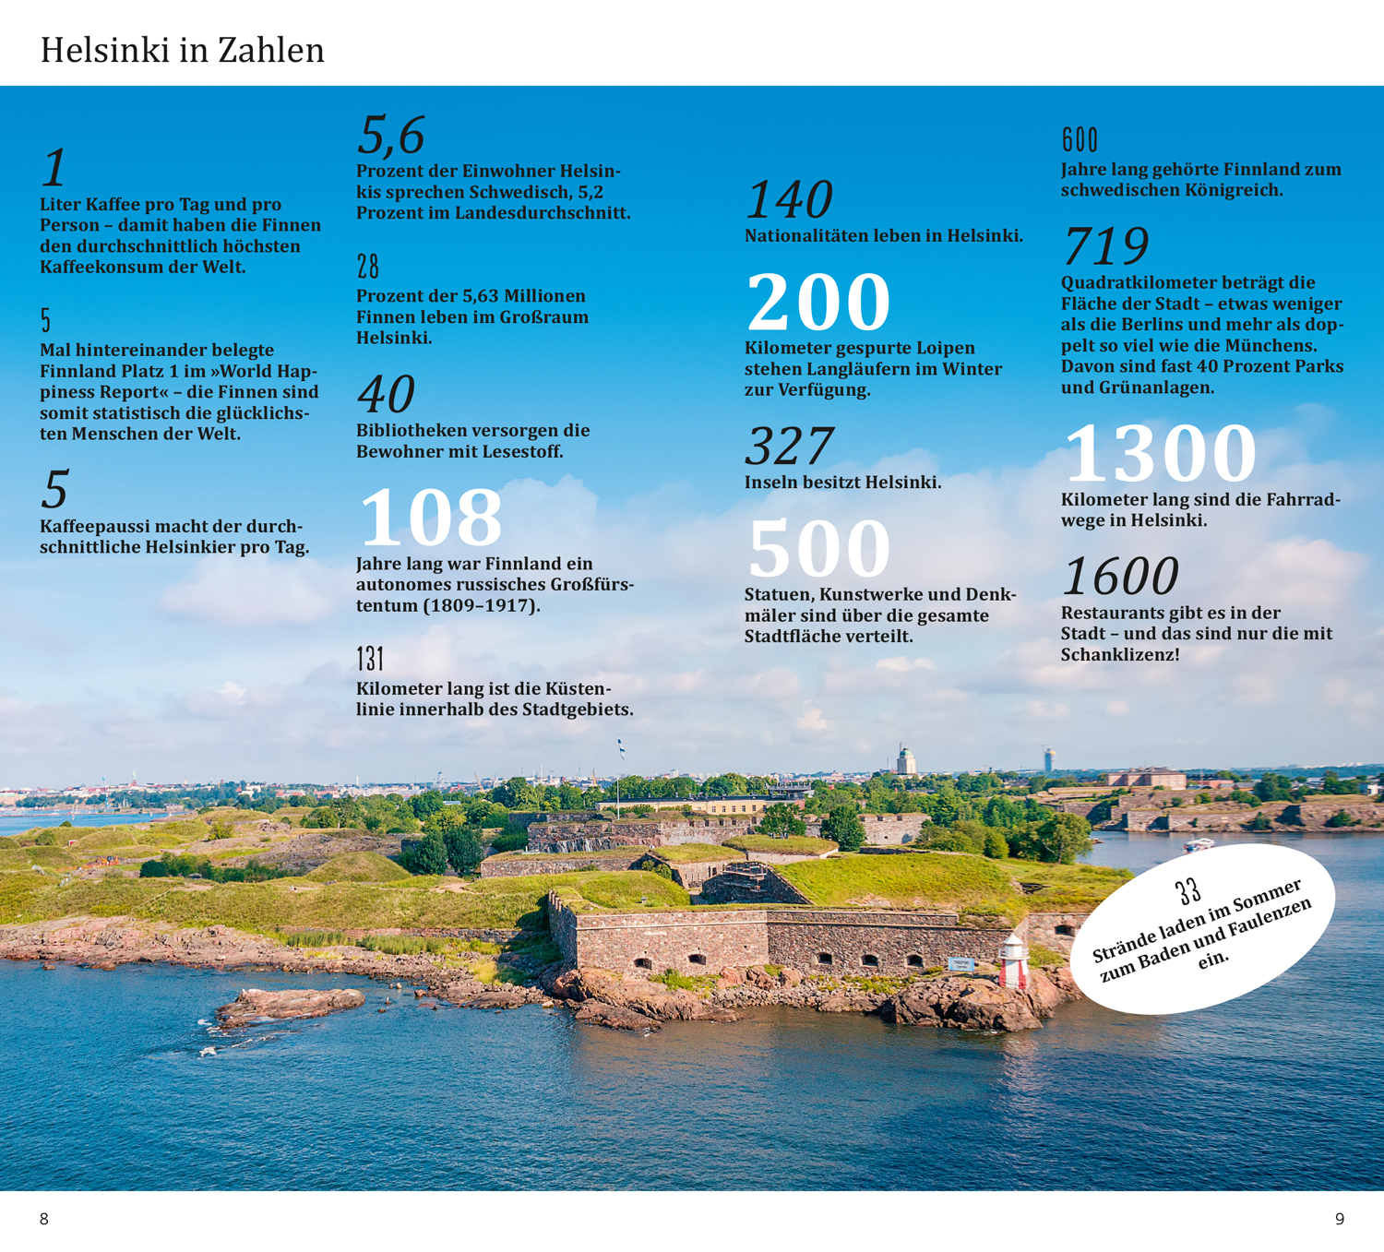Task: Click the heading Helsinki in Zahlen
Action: click(182, 50)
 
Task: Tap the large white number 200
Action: click(817, 302)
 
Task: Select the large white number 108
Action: click(431, 517)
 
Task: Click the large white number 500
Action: click(818, 548)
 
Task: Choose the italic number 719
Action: click(1105, 245)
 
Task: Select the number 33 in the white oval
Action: click(1188, 890)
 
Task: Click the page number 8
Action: click(43, 1219)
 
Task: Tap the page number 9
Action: click(1340, 1219)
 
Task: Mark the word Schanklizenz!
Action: click(1119, 655)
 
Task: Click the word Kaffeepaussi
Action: click(95, 527)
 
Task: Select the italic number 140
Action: click(789, 199)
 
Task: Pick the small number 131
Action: click(370, 659)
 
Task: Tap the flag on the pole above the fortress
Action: click(621, 748)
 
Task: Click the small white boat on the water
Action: click(1198, 843)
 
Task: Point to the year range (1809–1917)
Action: click(482, 606)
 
